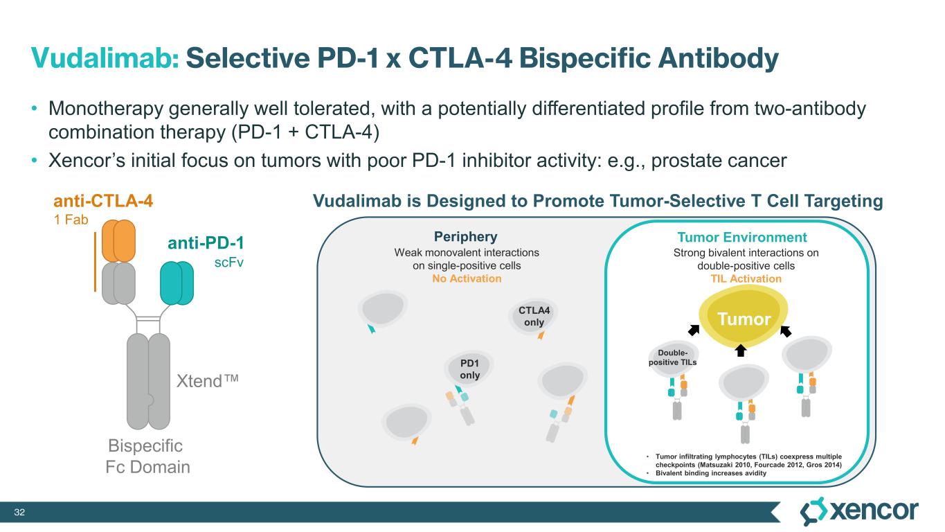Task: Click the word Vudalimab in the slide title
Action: (105, 58)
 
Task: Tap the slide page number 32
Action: (19, 512)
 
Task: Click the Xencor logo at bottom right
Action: (859, 511)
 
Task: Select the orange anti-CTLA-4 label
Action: (103, 201)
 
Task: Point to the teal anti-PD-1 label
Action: (206, 242)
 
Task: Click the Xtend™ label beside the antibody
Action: (208, 381)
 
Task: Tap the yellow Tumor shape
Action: (744, 317)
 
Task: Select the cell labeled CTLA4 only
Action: (533, 317)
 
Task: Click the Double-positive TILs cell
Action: (673, 358)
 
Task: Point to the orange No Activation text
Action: (467, 278)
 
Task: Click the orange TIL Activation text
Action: (746, 278)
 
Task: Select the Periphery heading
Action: (466, 236)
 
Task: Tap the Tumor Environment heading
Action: (742, 238)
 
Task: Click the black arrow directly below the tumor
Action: (740, 351)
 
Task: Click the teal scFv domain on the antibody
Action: (177, 283)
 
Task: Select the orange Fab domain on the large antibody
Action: (118, 240)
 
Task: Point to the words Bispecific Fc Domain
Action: (147, 456)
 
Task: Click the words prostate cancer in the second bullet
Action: (719, 161)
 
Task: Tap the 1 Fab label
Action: (71, 220)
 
